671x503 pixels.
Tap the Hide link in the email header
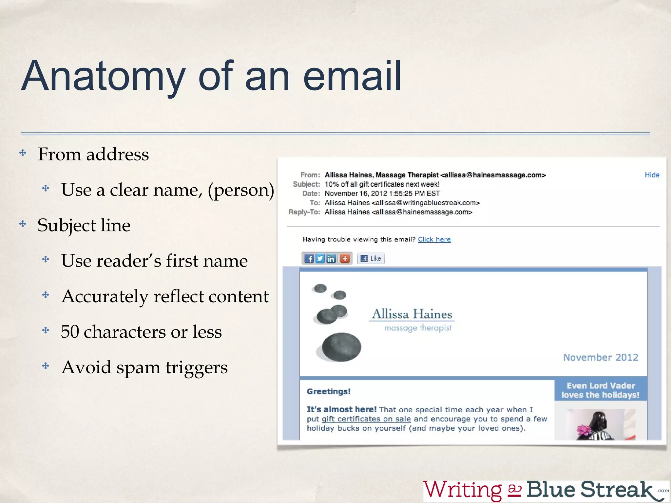(x=652, y=175)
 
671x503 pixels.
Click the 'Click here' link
(x=434, y=239)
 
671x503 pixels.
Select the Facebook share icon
(x=309, y=259)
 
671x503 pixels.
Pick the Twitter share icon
(x=320, y=259)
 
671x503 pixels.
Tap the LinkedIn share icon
(x=331, y=259)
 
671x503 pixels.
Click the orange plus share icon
(x=345, y=259)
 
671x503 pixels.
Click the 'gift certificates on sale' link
(x=366, y=419)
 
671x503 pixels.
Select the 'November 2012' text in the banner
(x=601, y=357)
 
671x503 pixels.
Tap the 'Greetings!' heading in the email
(x=329, y=392)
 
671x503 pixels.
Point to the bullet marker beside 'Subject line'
(x=23, y=224)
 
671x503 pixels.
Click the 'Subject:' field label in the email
(x=306, y=184)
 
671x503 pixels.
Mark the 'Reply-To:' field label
(x=304, y=212)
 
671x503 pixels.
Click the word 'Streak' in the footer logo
(x=616, y=490)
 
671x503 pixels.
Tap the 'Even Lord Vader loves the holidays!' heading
(x=601, y=390)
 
